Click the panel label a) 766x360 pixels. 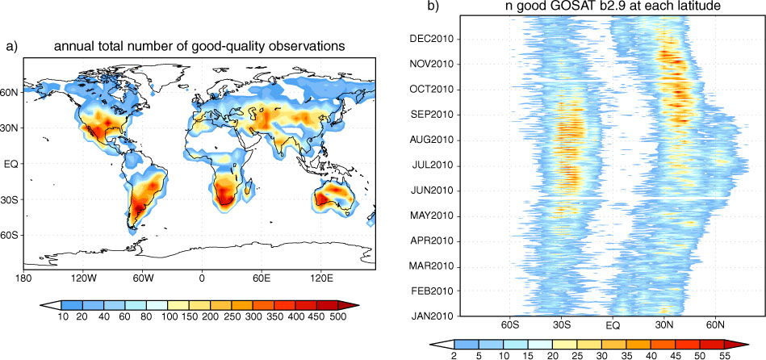click(x=12, y=47)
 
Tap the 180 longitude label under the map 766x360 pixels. click(x=23, y=279)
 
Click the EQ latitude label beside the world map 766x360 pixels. click(x=12, y=164)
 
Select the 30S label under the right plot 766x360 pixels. click(x=561, y=324)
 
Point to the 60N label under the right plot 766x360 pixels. click(x=715, y=324)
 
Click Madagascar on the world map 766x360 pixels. click(x=250, y=189)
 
